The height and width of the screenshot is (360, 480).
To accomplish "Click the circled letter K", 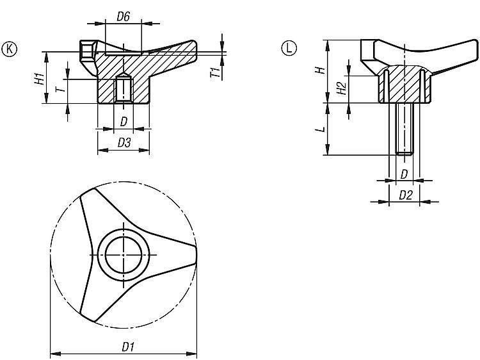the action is [x=9, y=49].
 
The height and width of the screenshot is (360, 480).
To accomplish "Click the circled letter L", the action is [x=289, y=49].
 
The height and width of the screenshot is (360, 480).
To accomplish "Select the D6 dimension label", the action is [x=124, y=17].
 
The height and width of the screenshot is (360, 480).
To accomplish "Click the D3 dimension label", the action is [x=124, y=143].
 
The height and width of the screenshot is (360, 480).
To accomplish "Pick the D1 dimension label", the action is [x=128, y=347].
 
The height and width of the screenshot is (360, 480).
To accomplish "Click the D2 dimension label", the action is [x=406, y=195].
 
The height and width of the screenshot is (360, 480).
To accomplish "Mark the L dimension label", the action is [x=321, y=129].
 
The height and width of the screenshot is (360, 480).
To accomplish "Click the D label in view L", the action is [x=404, y=174].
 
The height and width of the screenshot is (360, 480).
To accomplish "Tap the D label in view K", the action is [x=124, y=122].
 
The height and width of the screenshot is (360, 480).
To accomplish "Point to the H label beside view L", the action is [x=321, y=70].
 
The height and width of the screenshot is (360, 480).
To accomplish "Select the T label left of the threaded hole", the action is [x=61, y=89].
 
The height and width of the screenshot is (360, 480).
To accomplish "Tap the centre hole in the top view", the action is [x=123, y=254].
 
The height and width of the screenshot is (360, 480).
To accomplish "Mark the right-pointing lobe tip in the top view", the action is [x=195, y=254].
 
